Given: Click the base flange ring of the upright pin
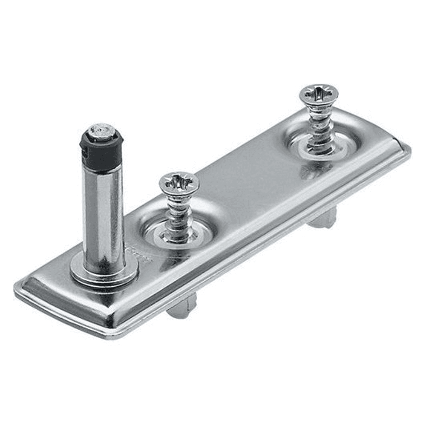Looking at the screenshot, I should coord(104,273).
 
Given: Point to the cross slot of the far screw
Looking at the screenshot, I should coord(319,93).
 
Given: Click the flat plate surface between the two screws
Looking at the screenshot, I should coord(251,183).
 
